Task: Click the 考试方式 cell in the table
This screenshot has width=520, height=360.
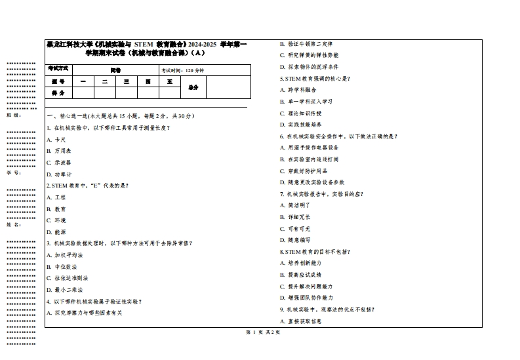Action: (x=58, y=69)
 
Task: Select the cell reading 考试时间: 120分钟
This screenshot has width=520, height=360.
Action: (x=183, y=70)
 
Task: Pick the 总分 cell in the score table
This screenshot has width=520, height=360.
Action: (x=193, y=87)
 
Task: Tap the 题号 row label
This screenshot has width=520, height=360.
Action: (x=58, y=81)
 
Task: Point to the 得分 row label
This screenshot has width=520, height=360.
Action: (x=58, y=93)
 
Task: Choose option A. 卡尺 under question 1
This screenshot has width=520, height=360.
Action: (x=56, y=139)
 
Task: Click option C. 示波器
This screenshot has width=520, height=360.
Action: (x=59, y=163)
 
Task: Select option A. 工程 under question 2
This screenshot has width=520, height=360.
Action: (x=56, y=197)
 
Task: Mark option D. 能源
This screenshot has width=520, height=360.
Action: (x=56, y=231)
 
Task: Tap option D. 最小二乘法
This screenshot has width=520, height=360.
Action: (x=64, y=289)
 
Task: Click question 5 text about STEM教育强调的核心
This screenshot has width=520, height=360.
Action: (x=315, y=78)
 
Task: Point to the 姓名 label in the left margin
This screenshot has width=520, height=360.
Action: (x=14, y=224)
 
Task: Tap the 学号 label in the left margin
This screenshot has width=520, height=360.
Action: (x=14, y=172)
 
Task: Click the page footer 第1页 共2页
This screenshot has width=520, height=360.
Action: (x=262, y=332)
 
